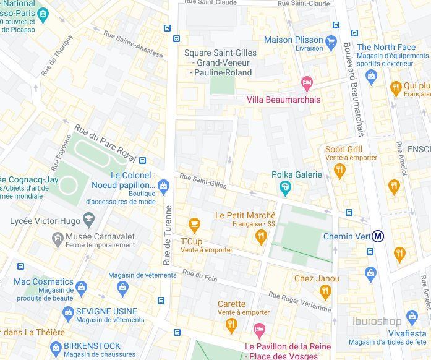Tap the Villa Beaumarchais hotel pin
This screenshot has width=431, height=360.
(306, 83)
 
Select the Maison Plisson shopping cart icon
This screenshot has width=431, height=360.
(331, 42)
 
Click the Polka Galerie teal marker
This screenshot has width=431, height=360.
(285, 187)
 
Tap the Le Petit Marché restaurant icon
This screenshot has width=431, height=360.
(261, 236)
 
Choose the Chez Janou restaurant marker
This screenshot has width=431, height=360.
(326, 292)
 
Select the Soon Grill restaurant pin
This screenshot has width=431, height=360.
(339, 171)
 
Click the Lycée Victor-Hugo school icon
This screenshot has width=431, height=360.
(89, 219)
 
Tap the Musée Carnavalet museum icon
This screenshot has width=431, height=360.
(58, 238)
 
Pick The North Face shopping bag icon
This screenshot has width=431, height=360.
(371, 77)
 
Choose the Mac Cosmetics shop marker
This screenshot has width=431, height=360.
(81, 287)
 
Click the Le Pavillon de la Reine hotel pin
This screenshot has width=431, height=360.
(260, 328)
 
